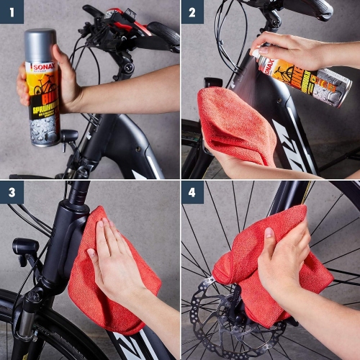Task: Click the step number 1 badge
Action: click(12, 12)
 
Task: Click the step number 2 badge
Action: click(192, 12)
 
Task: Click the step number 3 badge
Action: click(12, 192)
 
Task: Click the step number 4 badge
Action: click(192, 192)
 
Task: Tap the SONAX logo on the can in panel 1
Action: click(42, 66)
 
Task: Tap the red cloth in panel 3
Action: click(101, 288)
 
